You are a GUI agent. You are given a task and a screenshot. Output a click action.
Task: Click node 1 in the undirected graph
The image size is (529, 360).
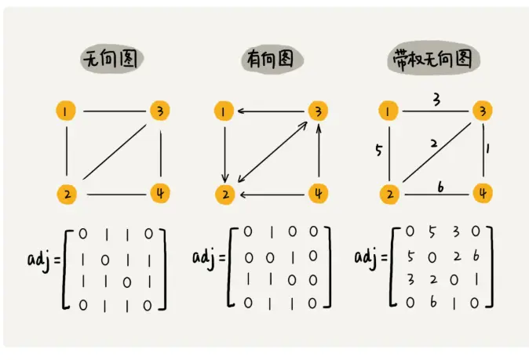click(x=67, y=112)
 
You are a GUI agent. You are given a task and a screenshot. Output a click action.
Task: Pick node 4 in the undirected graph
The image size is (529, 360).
click(x=159, y=191)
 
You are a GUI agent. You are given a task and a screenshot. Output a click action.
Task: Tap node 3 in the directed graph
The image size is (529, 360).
click(x=319, y=111)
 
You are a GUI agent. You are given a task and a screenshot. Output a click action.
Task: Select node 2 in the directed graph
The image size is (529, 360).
click(x=224, y=192)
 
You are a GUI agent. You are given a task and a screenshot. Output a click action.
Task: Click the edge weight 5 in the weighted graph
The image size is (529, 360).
click(x=378, y=151)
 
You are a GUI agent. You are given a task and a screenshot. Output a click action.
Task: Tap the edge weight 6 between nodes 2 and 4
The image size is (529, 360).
click(x=440, y=185)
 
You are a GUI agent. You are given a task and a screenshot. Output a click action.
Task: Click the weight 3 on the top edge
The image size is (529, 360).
click(x=436, y=100)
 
